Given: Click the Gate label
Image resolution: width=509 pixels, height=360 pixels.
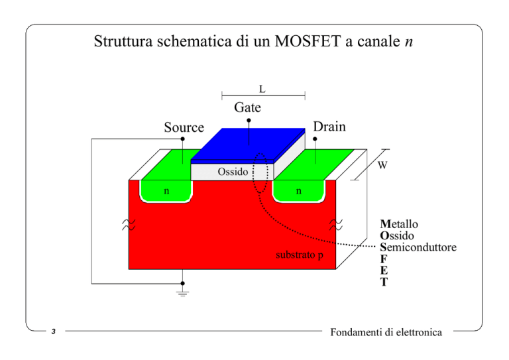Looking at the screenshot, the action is (x=247, y=107).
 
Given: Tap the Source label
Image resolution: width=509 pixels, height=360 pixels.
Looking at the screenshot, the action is (x=184, y=127).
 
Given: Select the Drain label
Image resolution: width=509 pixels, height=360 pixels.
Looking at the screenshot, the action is (x=329, y=127).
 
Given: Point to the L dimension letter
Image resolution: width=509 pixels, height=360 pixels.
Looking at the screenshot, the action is (x=262, y=89).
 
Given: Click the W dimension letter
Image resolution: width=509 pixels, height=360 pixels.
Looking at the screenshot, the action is (x=382, y=165).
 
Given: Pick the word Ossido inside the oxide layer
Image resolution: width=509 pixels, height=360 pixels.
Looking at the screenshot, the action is (x=233, y=172).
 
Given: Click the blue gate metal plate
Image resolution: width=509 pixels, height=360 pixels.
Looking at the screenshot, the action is (x=249, y=145).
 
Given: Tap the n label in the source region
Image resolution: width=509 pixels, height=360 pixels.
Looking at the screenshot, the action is (x=166, y=191).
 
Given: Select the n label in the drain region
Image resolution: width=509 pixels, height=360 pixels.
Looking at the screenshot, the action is (x=299, y=191).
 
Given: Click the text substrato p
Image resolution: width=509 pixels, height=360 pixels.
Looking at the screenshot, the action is (x=300, y=255).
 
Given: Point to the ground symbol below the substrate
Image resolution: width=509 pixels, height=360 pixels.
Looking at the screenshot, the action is (x=182, y=294).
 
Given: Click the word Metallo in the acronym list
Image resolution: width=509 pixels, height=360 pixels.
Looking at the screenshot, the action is (x=399, y=224).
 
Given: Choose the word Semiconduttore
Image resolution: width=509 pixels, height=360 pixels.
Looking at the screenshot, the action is (x=418, y=247).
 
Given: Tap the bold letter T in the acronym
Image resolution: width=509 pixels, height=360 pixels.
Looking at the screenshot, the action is (x=384, y=282).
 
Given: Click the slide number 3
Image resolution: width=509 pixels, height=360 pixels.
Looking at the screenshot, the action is (x=54, y=331).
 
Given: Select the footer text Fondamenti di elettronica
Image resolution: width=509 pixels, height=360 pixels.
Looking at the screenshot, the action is (x=386, y=332).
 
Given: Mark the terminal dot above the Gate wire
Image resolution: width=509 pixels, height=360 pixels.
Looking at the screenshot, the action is (x=249, y=121).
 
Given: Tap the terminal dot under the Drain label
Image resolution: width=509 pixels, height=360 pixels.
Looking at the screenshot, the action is (x=315, y=139).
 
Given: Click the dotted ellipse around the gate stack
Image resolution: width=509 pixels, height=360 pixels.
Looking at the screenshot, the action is (x=253, y=172).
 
